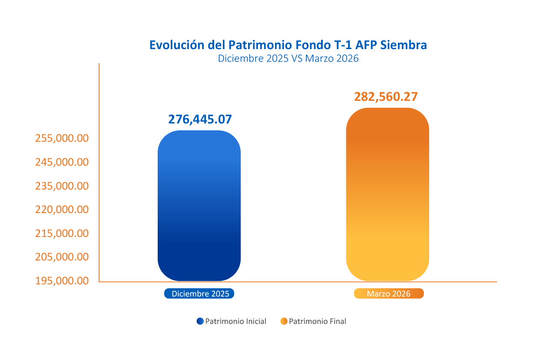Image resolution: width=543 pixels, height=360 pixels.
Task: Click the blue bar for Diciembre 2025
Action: click(x=199, y=206)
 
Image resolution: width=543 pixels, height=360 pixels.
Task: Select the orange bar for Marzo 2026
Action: click(x=387, y=194)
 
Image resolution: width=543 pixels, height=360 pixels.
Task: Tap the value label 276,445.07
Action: click(x=200, y=119)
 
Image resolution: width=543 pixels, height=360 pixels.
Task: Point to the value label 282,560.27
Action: click(x=386, y=97)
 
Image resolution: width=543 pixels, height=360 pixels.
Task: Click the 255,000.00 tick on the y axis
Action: click(x=62, y=139)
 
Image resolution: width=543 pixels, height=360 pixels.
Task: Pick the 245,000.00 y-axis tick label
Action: click(x=62, y=162)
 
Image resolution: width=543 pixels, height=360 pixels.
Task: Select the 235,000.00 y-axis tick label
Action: click(x=62, y=186)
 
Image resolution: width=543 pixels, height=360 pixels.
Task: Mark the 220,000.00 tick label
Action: click(x=62, y=210)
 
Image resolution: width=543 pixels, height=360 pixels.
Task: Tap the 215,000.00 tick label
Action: click(x=62, y=233)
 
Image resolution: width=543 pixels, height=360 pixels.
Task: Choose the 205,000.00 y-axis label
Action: click(x=62, y=257)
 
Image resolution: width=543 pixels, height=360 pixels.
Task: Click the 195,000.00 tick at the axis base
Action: click(x=62, y=281)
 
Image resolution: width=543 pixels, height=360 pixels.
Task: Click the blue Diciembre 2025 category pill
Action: click(x=199, y=294)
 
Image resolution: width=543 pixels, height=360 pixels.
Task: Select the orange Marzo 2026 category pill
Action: click(x=388, y=294)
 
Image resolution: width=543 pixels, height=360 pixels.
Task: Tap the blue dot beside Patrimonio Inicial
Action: click(x=200, y=321)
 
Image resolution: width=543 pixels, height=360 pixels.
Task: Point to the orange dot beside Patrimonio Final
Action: click(x=284, y=321)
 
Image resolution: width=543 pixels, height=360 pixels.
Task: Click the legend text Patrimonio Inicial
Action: click(x=235, y=322)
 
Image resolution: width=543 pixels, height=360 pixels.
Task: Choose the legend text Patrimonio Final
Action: click(x=318, y=322)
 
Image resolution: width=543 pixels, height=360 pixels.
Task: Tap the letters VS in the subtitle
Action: click(x=297, y=59)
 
